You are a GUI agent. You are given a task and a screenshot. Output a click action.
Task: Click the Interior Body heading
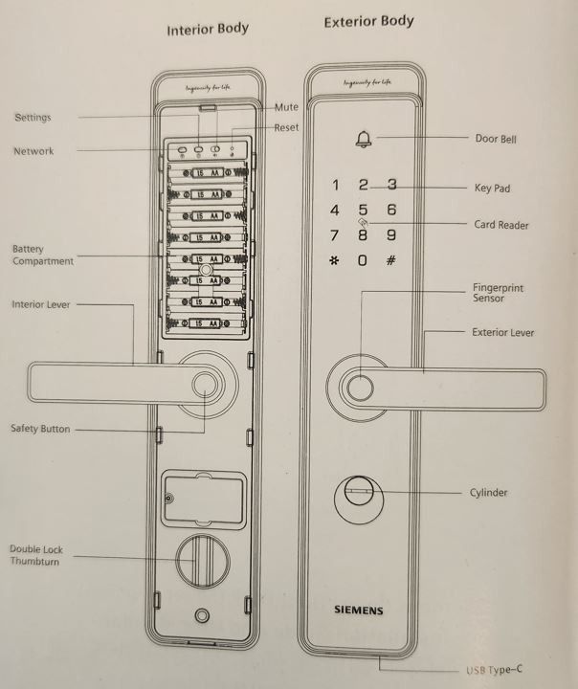207,29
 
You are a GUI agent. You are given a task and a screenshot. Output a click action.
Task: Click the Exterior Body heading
368,21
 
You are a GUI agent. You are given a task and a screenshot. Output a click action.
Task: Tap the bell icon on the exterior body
363,140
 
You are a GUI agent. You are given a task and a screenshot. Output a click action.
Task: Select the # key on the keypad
390,260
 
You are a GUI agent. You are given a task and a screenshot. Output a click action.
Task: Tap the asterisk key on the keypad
334,260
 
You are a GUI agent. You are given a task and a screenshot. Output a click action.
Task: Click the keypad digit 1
334,186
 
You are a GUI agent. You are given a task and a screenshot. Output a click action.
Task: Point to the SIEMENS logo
358,609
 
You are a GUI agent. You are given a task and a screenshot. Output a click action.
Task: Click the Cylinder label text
488,493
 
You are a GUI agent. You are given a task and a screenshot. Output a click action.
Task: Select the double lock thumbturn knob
200,560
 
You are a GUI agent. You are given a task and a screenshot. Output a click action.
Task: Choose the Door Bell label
496,139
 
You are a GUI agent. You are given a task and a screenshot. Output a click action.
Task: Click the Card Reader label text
500,225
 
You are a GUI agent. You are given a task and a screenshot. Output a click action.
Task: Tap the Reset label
286,127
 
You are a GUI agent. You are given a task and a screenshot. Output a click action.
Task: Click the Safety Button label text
40,429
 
